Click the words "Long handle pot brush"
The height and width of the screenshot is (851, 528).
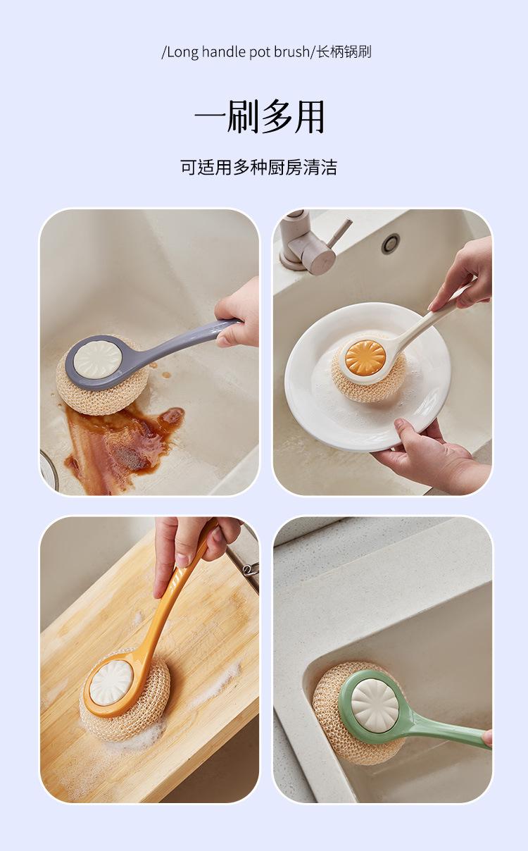coord(238,52)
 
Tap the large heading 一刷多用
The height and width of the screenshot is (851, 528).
coord(260,117)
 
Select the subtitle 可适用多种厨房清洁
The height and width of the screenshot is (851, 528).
coord(259,167)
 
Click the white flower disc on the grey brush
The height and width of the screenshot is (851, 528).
coord(98,359)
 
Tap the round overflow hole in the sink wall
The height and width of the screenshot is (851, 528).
coord(391,243)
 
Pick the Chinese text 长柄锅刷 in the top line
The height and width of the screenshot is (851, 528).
coord(344,52)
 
